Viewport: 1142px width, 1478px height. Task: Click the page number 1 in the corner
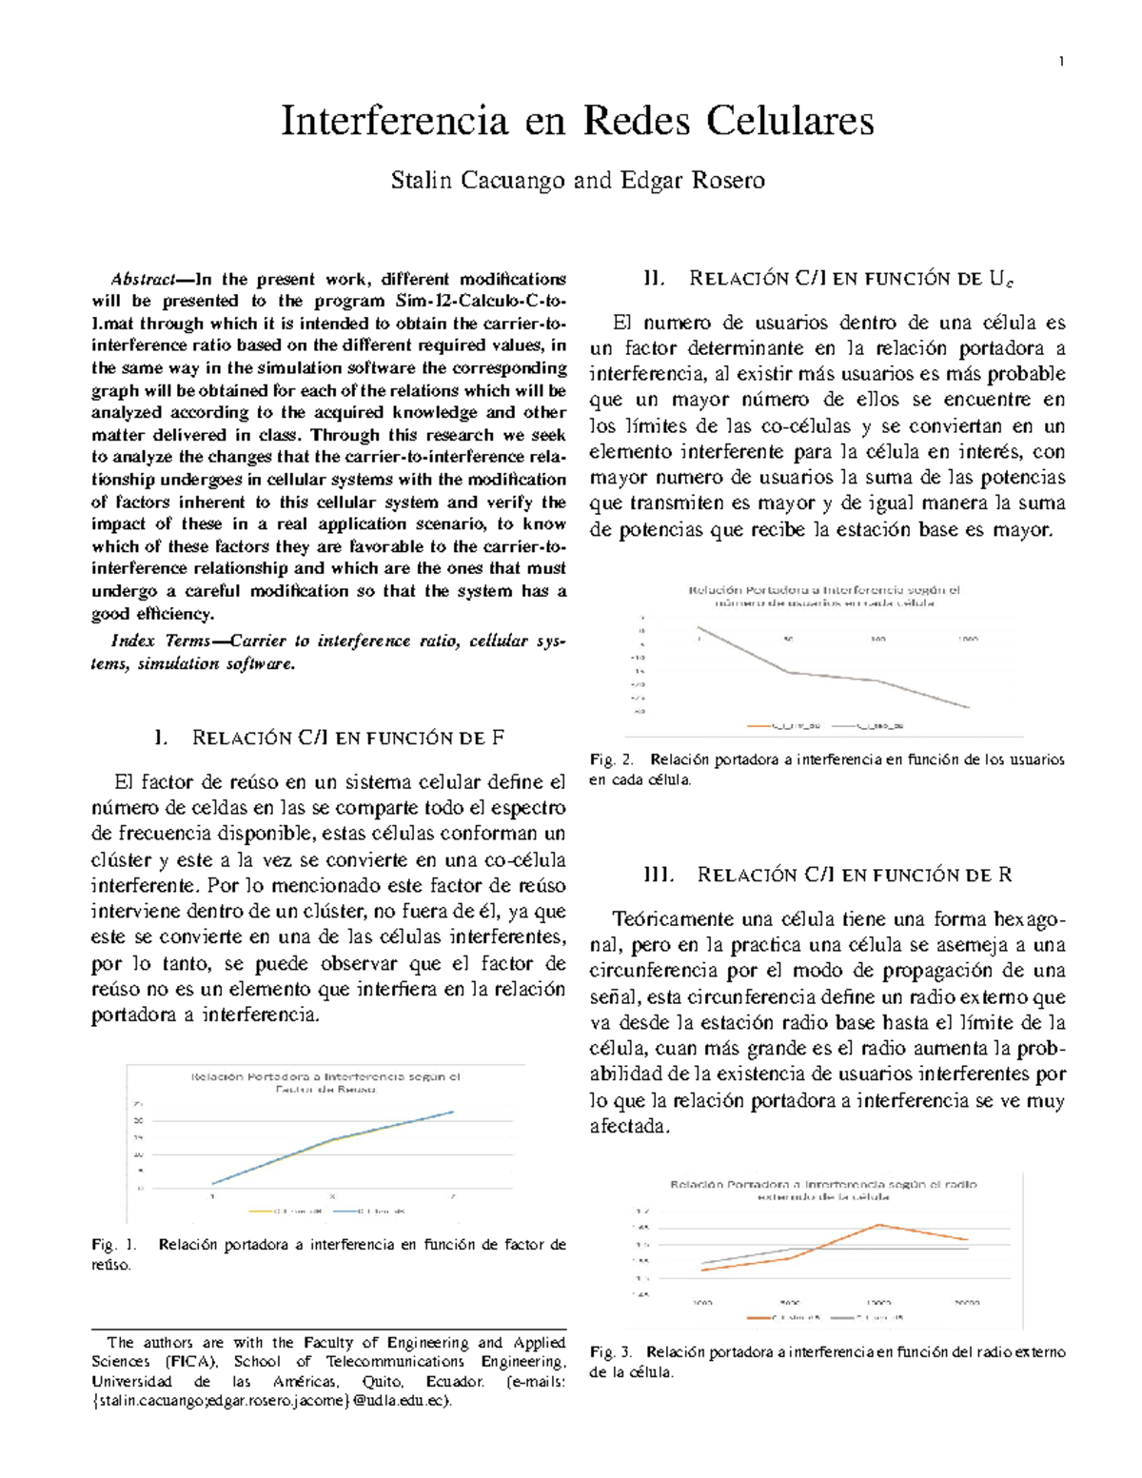point(1061,63)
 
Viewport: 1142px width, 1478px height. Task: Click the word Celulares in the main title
point(789,122)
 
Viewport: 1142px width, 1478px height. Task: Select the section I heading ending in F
point(328,738)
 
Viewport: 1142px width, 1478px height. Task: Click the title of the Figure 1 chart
point(326,1083)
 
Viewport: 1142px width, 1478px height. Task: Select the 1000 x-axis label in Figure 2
point(967,640)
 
